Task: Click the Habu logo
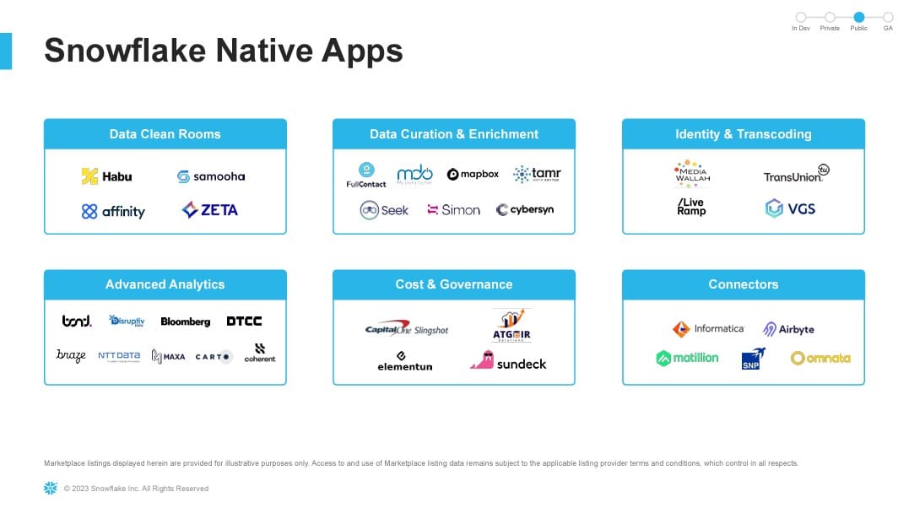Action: [x=106, y=176]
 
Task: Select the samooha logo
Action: [x=210, y=176]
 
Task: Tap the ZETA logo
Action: [x=210, y=210]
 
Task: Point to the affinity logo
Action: [x=113, y=211]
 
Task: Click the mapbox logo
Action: [x=473, y=175]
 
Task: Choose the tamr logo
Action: [x=537, y=175]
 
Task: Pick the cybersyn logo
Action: [x=525, y=210]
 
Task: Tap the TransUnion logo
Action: [x=796, y=175]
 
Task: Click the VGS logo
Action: [x=790, y=208]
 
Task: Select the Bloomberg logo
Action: [x=185, y=322]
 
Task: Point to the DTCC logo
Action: [x=244, y=322]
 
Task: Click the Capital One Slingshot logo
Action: [x=406, y=330]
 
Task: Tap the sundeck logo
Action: [x=508, y=362]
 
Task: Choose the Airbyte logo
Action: [x=788, y=329]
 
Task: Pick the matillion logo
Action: [x=687, y=358]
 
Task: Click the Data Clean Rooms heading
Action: [x=165, y=134]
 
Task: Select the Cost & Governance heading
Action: [x=453, y=284]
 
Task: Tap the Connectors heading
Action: [x=743, y=284]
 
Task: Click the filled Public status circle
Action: [x=859, y=17]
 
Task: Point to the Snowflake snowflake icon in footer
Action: [x=51, y=488]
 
